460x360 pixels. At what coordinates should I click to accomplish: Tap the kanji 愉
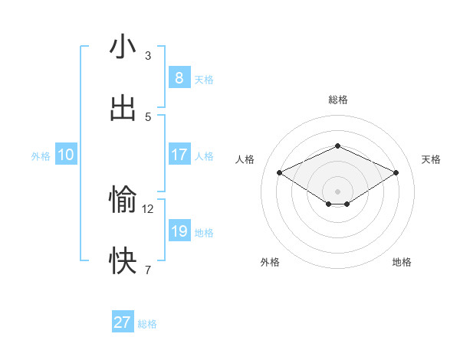[x=123, y=200]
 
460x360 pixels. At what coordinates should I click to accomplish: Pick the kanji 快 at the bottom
[x=123, y=261]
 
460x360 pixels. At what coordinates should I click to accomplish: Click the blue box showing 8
[x=179, y=77]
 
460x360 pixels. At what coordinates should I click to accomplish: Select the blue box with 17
[x=179, y=155]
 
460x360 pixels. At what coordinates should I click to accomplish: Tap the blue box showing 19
[x=179, y=231]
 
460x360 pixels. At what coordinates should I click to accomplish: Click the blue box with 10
[x=66, y=155]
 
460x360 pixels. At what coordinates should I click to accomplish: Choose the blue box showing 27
[x=123, y=322]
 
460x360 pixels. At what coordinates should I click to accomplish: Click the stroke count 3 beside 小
[x=148, y=55]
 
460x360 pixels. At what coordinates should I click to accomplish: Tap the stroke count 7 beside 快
[x=148, y=270]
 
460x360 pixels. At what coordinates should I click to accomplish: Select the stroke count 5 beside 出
[x=148, y=116]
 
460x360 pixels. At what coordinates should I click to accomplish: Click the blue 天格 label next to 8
[x=204, y=79]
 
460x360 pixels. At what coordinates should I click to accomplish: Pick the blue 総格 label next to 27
[x=148, y=324]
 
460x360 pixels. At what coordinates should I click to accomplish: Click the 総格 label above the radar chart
[x=337, y=100]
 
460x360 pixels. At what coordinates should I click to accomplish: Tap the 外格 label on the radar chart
[x=270, y=262]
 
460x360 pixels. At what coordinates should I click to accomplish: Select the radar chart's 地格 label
[x=402, y=262]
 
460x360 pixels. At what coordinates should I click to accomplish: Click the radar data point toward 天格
[x=396, y=173]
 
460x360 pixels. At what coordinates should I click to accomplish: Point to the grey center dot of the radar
[x=337, y=191]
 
